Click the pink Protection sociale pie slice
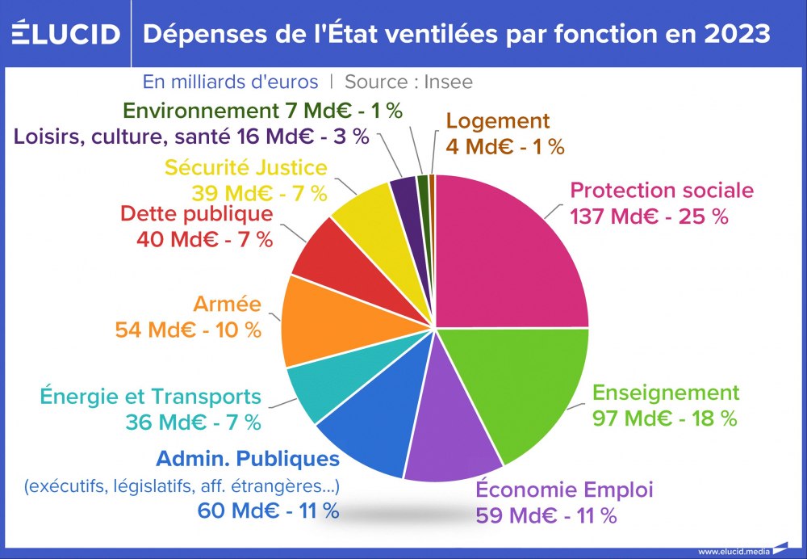[x=516, y=250]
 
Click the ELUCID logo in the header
[x=65, y=34]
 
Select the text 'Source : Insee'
[x=408, y=82]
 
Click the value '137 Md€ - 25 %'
[x=649, y=216]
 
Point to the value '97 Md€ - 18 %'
[x=665, y=418]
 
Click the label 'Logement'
[x=497, y=121]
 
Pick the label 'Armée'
[x=228, y=304]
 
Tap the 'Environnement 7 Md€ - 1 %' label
[x=262, y=110]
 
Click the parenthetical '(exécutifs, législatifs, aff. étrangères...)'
[x=182, y=486]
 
